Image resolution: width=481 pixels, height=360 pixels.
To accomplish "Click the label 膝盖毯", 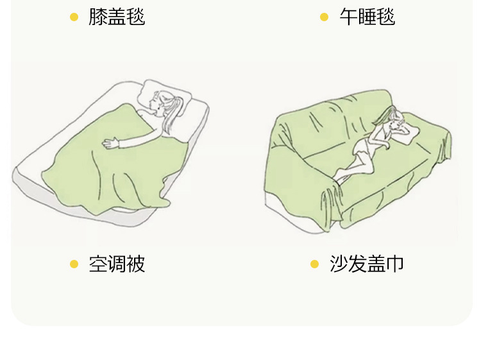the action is [117, 17].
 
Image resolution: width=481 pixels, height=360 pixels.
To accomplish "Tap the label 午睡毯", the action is [367, 17].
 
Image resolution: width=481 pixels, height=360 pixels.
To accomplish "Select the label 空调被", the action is [117, 264].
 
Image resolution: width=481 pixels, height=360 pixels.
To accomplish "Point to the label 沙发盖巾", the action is [367, 264].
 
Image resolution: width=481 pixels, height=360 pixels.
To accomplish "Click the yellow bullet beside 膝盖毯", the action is [74, 17].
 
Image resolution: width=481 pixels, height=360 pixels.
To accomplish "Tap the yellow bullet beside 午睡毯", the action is [324, 17].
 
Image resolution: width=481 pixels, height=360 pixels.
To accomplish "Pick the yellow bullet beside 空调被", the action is [74, 264].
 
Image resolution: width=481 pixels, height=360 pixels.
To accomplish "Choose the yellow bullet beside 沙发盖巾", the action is [314, 264].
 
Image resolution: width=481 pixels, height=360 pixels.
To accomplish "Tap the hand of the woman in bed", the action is [113, 143].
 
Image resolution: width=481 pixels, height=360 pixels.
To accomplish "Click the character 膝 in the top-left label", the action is [97, 17].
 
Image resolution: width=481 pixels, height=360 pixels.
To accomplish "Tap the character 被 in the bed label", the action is [136, 264].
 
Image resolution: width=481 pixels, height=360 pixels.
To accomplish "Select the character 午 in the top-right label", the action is [348, 17].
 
